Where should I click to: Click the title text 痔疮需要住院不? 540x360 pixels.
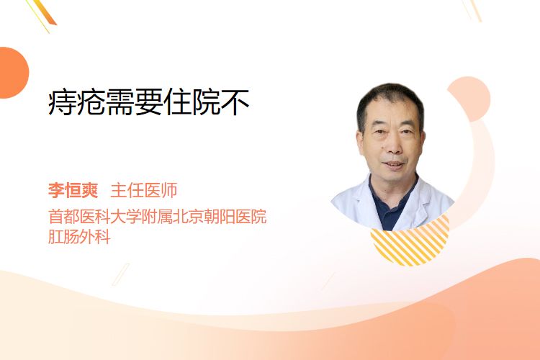tap(148, 102)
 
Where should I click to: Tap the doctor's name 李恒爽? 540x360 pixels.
tap(73, 190)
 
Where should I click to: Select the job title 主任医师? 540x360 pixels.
tap(143, 190)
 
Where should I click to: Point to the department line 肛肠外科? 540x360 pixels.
tap(79, 237)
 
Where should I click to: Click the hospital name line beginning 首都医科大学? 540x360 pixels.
tap(158, 216)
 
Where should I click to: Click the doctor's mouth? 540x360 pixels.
tap(393, 165)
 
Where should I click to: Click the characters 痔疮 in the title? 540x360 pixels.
tap(76, 102)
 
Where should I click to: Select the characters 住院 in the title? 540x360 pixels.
tap(192, 102)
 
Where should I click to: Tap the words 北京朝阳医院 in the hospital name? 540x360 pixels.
tap(220, 216)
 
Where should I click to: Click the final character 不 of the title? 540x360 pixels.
tap(235, 102)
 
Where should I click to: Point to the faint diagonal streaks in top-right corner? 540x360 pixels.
tap(472, 10)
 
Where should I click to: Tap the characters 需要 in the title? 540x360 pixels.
tap(134, 102)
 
